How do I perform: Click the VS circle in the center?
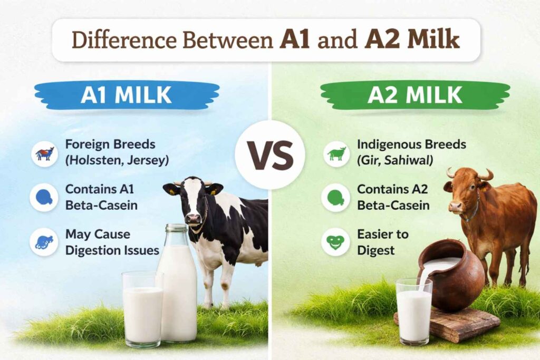pyautogui.click(x=269, y=155)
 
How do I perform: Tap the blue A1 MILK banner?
pyautogui.click(x=126, y=95)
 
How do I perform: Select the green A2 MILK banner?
pyautogui.click(x=414, y=95)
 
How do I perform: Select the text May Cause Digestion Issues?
pyautogui.click(x=112, y=241)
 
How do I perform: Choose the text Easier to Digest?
pyautogui.click(x=382, y=241)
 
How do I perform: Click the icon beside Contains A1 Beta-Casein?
pyautogui.click(x=44, y=197)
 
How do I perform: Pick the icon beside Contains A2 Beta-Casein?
pyautogui.click(x=336, y=197)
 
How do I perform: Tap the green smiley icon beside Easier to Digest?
pyautogui.click(x=336, y=242)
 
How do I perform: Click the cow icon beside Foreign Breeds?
pyautogui.click(x=44, y=153)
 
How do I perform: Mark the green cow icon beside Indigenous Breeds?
pyautogui.click(x=336, y=153)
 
